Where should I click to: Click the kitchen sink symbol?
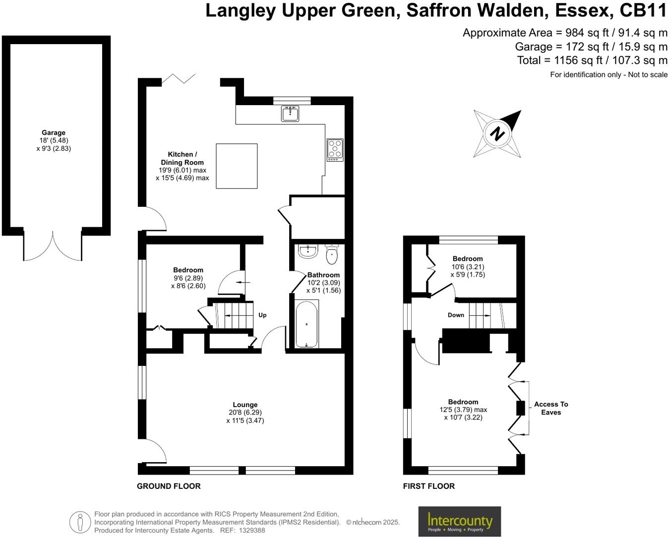coord(290,114)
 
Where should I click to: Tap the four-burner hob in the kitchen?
coord(335,150)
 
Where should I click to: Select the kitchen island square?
coord(237,166)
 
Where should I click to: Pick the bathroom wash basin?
coord(307,251)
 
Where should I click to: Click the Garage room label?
coord(54,132)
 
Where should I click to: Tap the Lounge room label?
coord(245,405)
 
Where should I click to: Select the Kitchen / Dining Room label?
coord(182,158)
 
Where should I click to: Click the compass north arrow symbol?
coord(497,133)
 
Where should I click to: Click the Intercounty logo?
coord(459,522)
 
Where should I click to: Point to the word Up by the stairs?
coord(262,315)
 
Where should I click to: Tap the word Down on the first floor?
coord(456,315)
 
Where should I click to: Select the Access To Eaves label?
coord(551,408)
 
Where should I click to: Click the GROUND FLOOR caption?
coord(169,486)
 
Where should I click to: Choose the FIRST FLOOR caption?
coord(428,486)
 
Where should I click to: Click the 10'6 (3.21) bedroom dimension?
coord(468,267)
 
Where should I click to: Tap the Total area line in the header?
coord(592,60)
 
